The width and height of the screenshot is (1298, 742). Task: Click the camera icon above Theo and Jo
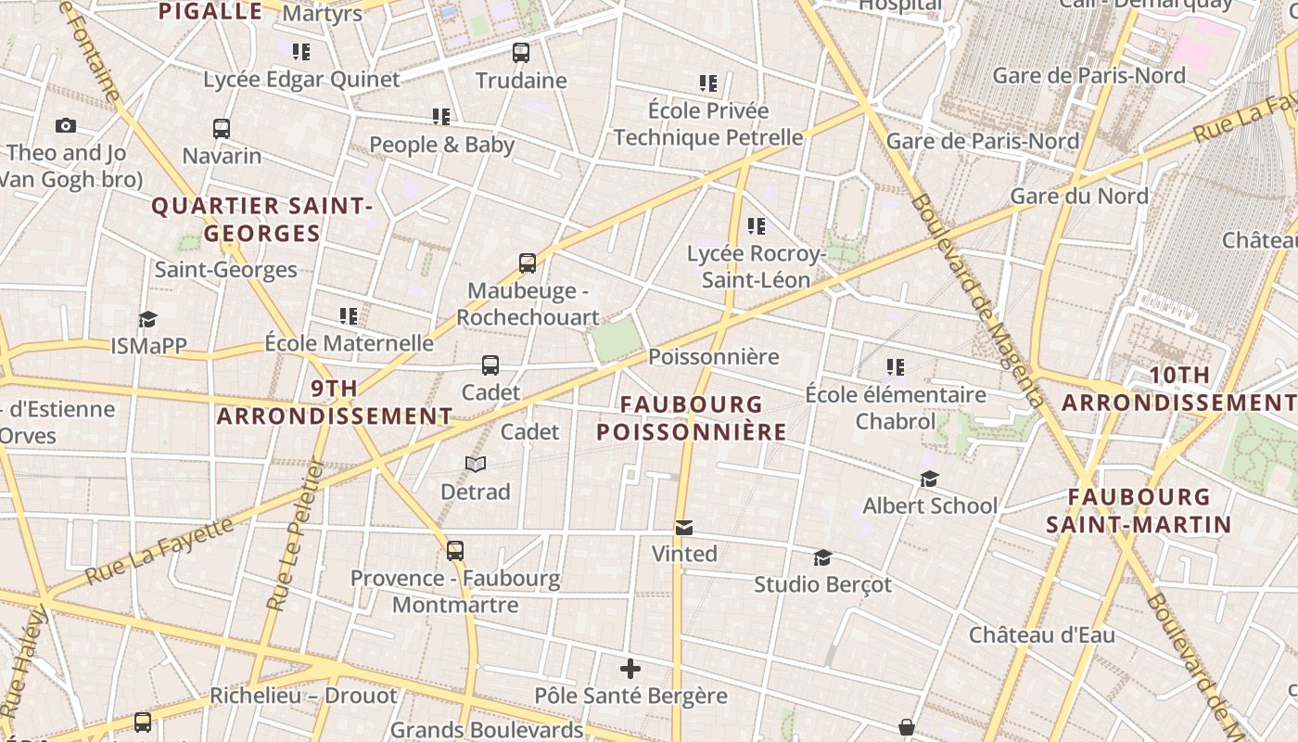[x=65, y=125]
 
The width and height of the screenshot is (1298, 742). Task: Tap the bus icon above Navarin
[x=222, y=128]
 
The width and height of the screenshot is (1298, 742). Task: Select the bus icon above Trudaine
[x=521, y=52]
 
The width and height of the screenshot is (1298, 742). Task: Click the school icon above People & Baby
[x=441, y=116]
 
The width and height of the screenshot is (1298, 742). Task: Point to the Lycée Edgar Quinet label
[x=301, y=80]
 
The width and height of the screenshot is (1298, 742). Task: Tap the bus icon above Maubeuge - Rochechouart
[x=528, y=262]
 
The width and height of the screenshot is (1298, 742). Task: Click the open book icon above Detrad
[x=476, y=464]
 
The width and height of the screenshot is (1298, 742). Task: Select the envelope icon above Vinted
[x=684, y=527]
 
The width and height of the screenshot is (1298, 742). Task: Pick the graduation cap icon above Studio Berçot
[x=822, y=556]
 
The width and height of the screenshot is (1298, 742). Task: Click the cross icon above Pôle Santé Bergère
[x=630, y=668]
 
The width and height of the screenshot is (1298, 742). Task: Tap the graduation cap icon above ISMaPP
[x=148, y=319]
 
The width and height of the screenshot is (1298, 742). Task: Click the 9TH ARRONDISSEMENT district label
[x=335, y=403]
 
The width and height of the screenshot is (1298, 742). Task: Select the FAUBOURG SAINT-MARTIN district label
[x=1139, y=511]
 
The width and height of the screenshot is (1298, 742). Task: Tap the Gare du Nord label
[x=1079, y=197]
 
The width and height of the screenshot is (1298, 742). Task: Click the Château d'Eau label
[x=1042, y=635]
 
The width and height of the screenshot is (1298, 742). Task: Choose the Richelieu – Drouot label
[x=303, y=696]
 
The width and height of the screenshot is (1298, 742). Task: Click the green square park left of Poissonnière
[x=617, y=339]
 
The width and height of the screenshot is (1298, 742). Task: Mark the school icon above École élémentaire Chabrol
[x=895, y=366]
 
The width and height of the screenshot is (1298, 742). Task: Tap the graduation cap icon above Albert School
[x=929, y=479]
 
